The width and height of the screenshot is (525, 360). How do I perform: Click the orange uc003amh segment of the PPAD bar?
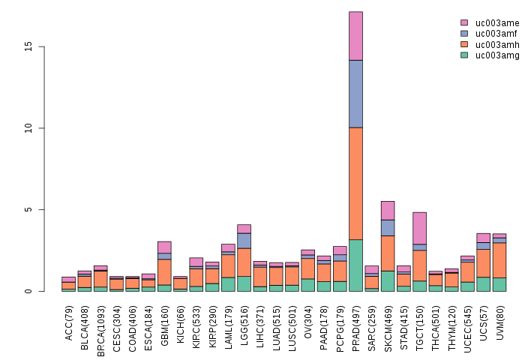pyautogui.click(x=355, y=184)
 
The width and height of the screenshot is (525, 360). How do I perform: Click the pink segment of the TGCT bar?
pyautogui.click(x=419, y=228)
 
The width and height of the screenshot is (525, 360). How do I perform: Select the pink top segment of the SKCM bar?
pyautogui.click(x=388, y=210)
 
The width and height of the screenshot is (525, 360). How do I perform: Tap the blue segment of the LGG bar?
pyautogui.click(x=244, y=240)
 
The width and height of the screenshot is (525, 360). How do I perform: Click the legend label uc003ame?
pyautogui.click(x=497, y=23)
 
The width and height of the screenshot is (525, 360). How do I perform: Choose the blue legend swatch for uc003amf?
pyautogui.click(x=464, y=34)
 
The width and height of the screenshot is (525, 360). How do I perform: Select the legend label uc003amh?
pyautogui.click(x=497, y=44)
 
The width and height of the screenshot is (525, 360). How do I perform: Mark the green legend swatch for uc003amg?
pyautogui.click(x=464, y=55)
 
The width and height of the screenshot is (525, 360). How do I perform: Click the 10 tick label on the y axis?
pyautogui.click(x=28, y=128)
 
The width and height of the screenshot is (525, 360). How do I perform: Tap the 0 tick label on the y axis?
pyautogui.click(x=28, y=291)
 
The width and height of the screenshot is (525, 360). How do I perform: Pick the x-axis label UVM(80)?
pyautogui.click(x=499, y=318)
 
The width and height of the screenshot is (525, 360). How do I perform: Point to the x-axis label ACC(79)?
pyautogui.click(x=69, y=318)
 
